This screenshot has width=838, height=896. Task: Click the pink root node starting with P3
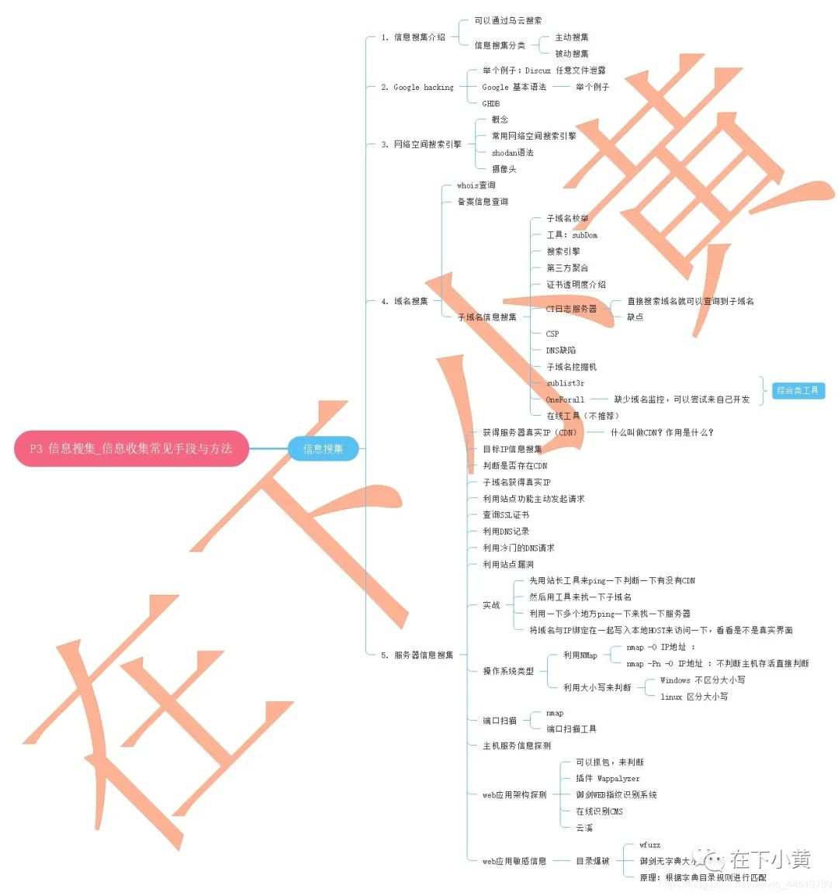click(131, 448)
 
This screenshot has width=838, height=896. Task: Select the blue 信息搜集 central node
click(323, 448)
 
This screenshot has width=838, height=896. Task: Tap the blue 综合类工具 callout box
click(798, 390)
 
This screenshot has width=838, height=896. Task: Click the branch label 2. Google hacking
click(417, 87)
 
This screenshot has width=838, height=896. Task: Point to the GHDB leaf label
click(490, 103)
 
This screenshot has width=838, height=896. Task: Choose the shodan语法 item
click(512, 153)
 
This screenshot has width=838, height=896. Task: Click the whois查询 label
click(476, 185)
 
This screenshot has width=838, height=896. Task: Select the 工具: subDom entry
click(572, 235)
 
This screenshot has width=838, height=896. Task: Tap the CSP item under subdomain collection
click(552, 334)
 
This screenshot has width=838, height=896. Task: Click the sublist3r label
click(565, 383)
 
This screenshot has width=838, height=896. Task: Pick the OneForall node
click(565, 400)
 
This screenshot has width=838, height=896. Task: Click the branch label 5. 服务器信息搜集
click(417, 655)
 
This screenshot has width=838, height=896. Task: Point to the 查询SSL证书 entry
click(506, 514)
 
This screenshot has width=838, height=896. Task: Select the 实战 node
click(491, 605)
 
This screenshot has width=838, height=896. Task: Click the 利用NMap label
click(580, 655)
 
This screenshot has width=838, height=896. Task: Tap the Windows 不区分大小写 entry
click(702, 680)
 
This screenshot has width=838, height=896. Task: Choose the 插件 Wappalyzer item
click(608, 778)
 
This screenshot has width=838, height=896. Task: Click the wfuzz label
click(649, 844)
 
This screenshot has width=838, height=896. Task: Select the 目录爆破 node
click(592, 861)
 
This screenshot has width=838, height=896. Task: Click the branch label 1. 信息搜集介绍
click(413, 37)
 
